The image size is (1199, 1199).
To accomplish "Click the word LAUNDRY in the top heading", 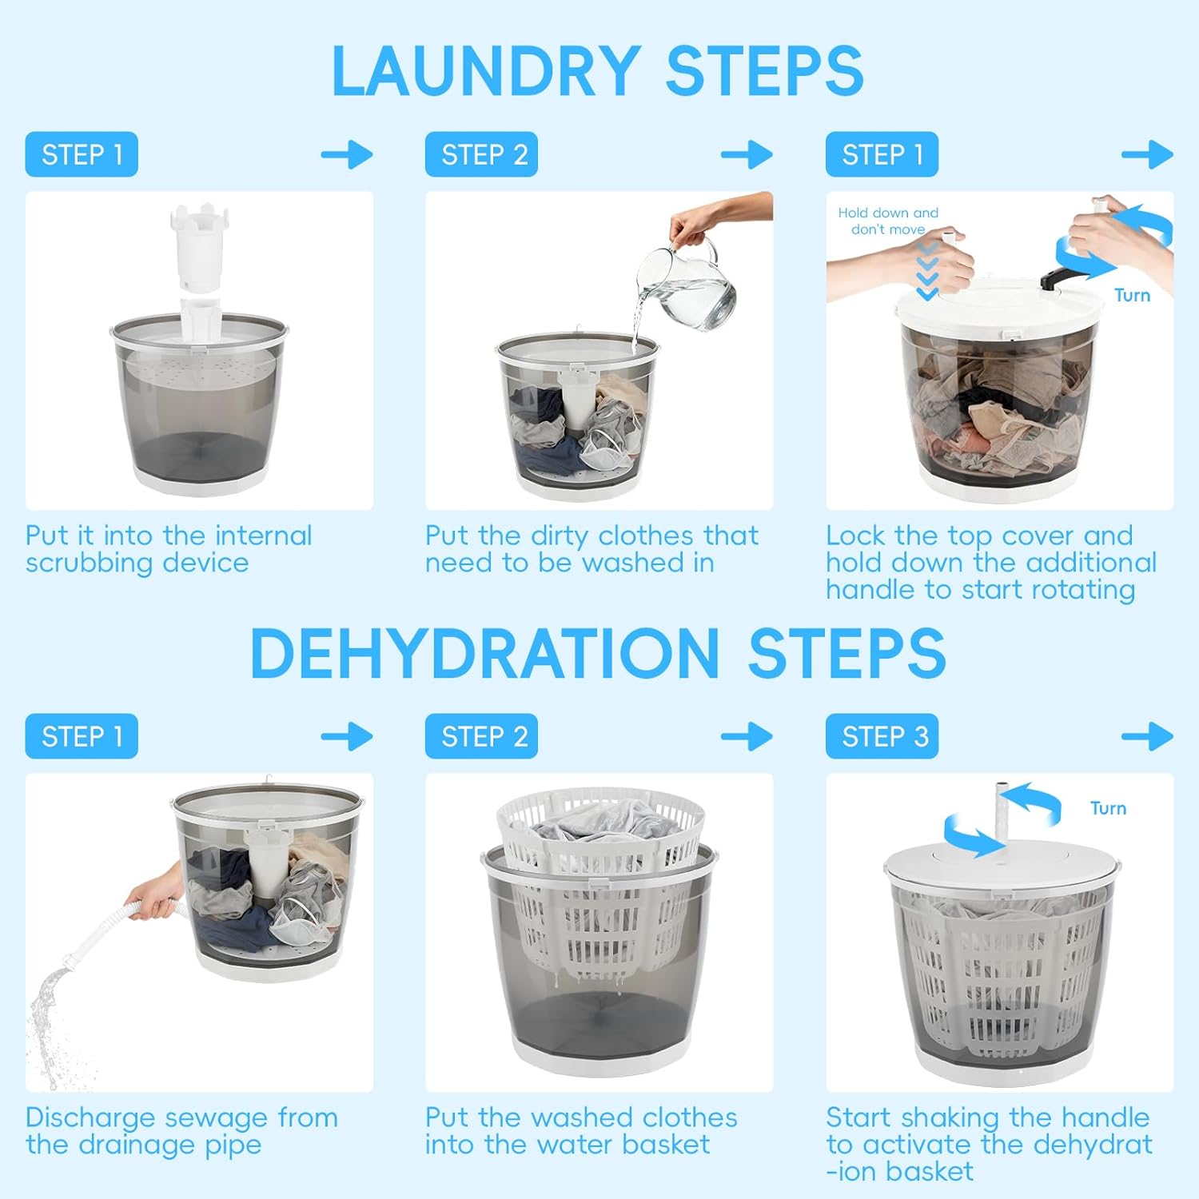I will (x=485, y=72).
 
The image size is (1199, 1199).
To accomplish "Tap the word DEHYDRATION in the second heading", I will (x=485, y=654).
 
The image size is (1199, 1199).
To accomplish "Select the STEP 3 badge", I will (x=882, y=736).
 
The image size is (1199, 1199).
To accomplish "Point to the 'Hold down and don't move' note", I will (x=888, y=221).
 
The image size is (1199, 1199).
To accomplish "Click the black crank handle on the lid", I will (x=1064, y=277).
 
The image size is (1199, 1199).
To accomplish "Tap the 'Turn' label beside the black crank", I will (x=1132, y=296).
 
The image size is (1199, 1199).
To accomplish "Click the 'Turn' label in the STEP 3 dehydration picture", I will (x=1108, y=808).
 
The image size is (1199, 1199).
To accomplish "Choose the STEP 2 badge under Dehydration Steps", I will (x=481, y=736).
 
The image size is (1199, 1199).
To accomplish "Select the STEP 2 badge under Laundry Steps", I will (x=481, y=154).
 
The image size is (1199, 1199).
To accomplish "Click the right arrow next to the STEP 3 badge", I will (x=1147, y=736).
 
